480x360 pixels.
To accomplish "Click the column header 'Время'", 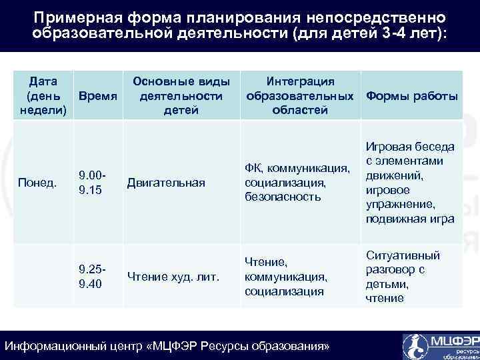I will tap(98, 96).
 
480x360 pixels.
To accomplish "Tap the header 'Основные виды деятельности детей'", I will tap(181, 96).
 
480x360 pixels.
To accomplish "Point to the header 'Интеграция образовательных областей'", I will tap(300, 96).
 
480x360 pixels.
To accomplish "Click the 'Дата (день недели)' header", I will tap(42, 96).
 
